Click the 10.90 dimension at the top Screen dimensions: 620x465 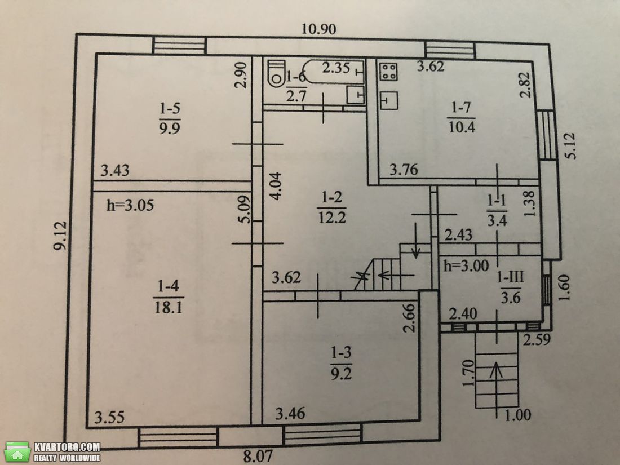click(x=318, y=29)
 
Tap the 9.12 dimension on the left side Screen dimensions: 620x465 click(x=61, y=236)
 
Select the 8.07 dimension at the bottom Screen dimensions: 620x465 click(x=258, y=457)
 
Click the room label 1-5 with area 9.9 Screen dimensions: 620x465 click(x=170, y=118)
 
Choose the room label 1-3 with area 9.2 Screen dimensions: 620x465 click(x=341, y=363)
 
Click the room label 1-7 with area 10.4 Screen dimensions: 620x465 click(x=461, y=117)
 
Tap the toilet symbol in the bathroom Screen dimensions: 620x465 click(x=276, y=73)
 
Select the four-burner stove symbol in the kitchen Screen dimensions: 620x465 click(x=389, y=72)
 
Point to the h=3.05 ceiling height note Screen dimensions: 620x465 click(x=130, y=205)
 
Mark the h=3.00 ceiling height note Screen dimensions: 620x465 click(x=466, y=265)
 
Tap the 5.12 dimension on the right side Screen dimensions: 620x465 click(x=570, y=146)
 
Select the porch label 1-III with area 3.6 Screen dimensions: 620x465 click(x=511, y=287)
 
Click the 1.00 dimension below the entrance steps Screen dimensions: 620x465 click(x=517, y=415)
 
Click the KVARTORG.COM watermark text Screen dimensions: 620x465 click(x=67, y=447)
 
